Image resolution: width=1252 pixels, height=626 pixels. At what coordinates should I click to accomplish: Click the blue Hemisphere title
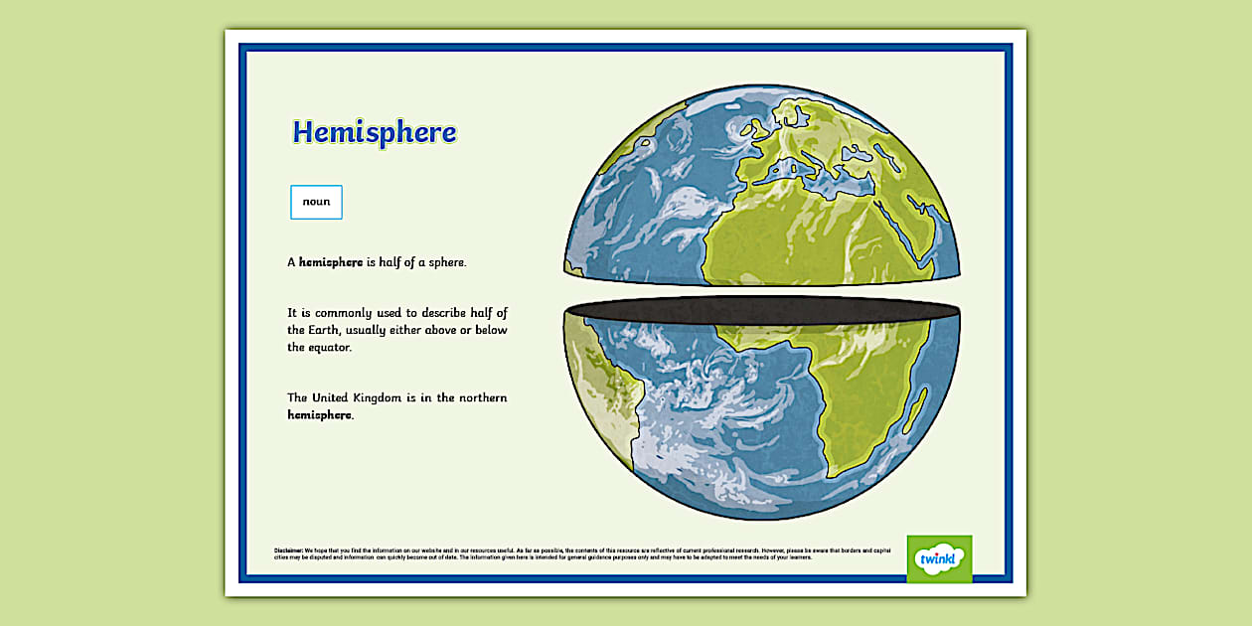click(x=375, y=133)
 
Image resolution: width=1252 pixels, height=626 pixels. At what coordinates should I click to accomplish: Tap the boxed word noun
click(x=316, y=202)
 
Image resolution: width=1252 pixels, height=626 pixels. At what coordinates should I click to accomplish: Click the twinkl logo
click(x=939, y=559)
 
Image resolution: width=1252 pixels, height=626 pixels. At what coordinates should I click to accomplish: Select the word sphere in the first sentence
click(x=445, y=262)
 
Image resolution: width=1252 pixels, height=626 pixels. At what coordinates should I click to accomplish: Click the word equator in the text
click(x=319, y=348)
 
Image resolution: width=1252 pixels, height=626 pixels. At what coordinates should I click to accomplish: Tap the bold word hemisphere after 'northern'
click(x=319, y=415)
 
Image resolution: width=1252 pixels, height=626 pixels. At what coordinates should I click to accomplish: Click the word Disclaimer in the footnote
click(x=288, y=550)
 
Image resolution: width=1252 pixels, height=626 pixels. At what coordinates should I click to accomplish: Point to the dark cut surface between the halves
click(x=760, y=308)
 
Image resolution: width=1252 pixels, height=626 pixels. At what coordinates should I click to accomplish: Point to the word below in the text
click(x=490, y=330)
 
